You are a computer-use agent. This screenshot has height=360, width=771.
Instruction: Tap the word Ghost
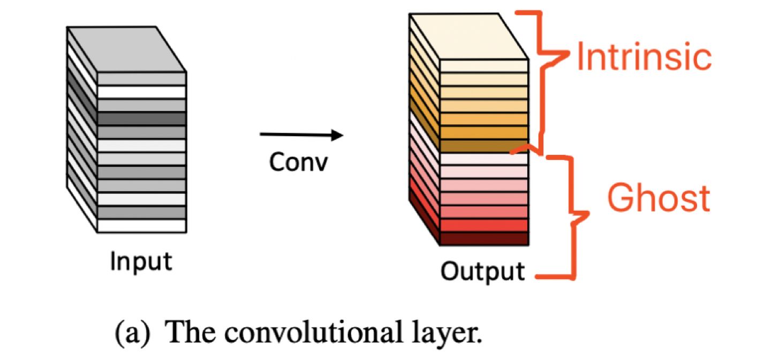(659, 198)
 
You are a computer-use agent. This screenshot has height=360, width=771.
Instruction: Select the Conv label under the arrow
(298, 162)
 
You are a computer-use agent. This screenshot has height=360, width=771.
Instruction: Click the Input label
(141, 262)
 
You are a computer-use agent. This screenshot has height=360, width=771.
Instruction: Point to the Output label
(482, 272)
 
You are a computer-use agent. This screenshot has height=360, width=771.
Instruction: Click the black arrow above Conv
(301, 134)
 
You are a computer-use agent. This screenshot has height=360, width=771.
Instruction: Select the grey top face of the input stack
(127, 49)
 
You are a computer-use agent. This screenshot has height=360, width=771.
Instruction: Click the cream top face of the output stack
(469, 36)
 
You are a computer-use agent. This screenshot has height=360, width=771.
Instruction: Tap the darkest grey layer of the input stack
(142, 118)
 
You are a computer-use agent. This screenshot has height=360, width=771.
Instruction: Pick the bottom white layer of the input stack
(142, 226)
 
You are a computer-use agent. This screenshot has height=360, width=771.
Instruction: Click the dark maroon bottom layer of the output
(484, 239)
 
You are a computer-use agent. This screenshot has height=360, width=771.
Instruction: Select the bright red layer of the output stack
(484, 226)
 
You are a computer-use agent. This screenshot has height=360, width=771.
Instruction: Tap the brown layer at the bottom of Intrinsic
(484, 146)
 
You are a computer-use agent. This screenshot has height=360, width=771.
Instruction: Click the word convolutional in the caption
(313, 332)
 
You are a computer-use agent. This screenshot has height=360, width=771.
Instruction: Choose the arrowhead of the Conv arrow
(337, 135)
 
